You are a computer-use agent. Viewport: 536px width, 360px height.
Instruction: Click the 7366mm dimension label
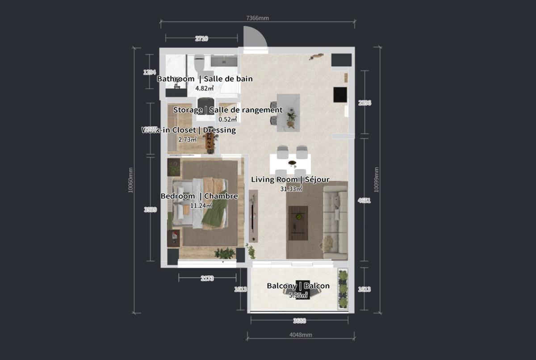(258, 18)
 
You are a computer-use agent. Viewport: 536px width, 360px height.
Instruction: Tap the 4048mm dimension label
(301, 335)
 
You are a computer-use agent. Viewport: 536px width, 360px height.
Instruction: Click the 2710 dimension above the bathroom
(201, 39)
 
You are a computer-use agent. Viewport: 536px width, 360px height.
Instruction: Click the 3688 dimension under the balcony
(299, 320)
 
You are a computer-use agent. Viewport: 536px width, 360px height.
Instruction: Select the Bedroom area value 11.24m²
(201, 205)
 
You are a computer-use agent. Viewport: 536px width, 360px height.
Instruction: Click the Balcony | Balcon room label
(298, 286)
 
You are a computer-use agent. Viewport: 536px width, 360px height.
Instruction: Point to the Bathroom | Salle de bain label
(205, 79)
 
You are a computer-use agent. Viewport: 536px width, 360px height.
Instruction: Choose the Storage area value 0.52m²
(227, 119)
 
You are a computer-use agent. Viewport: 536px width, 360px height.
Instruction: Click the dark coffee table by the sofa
(298, 222)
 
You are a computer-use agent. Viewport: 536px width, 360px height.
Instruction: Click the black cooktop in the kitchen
(340, 95)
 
